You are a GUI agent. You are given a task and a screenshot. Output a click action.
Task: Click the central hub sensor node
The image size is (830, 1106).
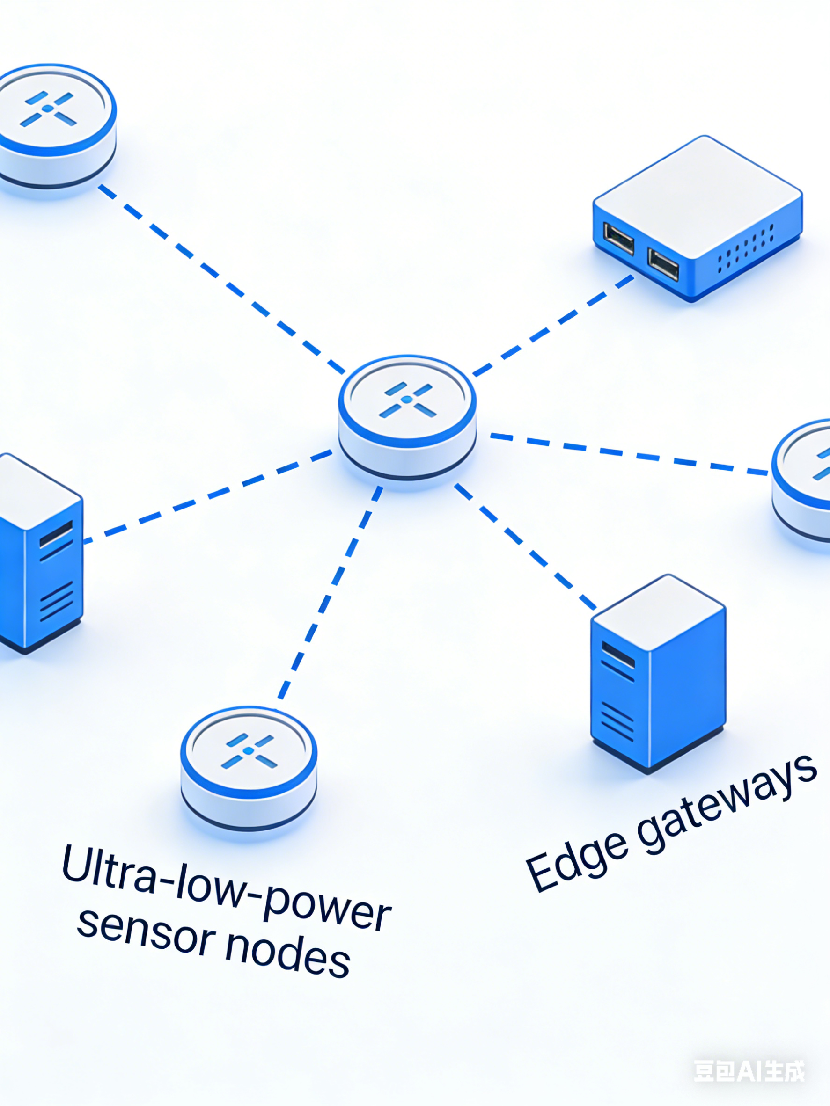tap(407, 415)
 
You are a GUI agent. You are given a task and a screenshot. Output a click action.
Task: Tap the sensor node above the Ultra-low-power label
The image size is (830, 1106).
tap(249, 765)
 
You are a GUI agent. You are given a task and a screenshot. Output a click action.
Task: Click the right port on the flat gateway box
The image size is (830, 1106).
tap(663, 263)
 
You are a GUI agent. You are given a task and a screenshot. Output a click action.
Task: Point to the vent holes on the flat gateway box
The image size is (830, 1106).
tap(745, 247)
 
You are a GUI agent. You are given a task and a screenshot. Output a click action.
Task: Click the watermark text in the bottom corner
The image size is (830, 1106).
tap(749, 1070)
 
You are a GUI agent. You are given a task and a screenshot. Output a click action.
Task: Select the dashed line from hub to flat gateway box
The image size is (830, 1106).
tap(553, 325)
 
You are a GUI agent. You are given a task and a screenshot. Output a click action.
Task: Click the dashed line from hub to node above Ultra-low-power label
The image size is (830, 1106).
tap(330, 590)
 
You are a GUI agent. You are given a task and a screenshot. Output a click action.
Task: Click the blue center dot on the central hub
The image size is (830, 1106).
tap(407, 400)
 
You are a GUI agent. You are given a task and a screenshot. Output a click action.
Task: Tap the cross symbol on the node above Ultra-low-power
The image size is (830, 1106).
tap(249, 750)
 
